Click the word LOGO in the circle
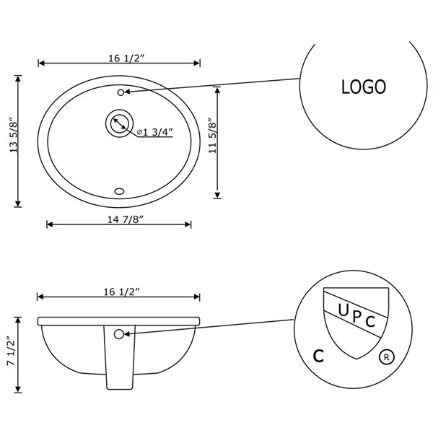tap(363, 87)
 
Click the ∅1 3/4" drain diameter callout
tap(153, 131)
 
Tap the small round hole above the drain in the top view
tap(120, 92)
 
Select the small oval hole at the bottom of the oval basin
tap(120, 191)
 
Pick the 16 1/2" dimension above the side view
tap(119, 291)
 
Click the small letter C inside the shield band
tap(370, 322)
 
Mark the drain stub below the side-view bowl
tap(119, 361)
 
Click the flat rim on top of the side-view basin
tap(119, 320)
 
